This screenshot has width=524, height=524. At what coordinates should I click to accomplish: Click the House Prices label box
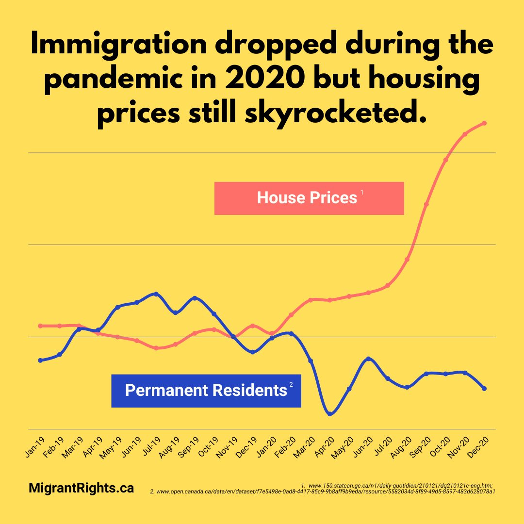click(309, 198)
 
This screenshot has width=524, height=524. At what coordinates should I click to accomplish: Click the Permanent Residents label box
click(206, 391)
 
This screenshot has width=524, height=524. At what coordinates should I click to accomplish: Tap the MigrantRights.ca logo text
click(81, 488)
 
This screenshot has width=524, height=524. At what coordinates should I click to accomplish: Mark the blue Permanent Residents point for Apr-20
click(330, 414)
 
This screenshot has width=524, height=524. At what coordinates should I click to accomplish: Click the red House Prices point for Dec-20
click(484, 123)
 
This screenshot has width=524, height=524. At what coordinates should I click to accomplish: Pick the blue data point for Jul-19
click(156, 294)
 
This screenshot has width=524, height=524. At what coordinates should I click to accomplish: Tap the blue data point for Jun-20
click(368, 359)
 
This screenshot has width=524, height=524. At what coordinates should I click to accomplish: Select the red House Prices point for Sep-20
click(426, 204)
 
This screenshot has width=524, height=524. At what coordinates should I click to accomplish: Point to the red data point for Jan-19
click(40, 326)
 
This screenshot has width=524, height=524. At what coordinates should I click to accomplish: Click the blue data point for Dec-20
click(484, 389)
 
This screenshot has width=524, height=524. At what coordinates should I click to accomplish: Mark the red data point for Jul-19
click(156, 348)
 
